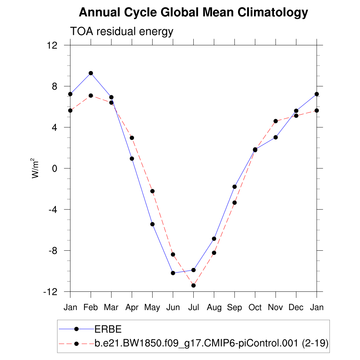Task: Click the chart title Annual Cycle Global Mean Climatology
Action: click(x=193, y=13)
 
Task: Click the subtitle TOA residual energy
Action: click(x=122, y=31)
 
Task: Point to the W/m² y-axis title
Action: click(x=35, y=168)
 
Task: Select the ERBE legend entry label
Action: click(x=108, y=329)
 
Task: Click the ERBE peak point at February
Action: click(x=91, y=73)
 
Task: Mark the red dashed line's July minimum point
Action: click(x=193, y=285)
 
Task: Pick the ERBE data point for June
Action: click(x=173, y=273)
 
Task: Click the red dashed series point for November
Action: click(x=276, y=121)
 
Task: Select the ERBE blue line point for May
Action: click(x=153, y=224)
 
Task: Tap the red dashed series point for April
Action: click(x=132, y=138)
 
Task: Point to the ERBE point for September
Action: click(x=234, y=187)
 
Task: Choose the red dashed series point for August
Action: click(x=214, y=253)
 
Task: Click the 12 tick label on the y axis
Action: click(x=57, y=45)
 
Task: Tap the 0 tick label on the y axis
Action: click(x=59, y=168)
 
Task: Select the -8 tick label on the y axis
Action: click(x=57, y=251)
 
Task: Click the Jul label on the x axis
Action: click(x=193, y=308)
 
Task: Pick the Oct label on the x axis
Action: click(x=255, y=308)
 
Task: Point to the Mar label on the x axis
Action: click(x=111, y=308)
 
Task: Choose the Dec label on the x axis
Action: click(x=296, y=308)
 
